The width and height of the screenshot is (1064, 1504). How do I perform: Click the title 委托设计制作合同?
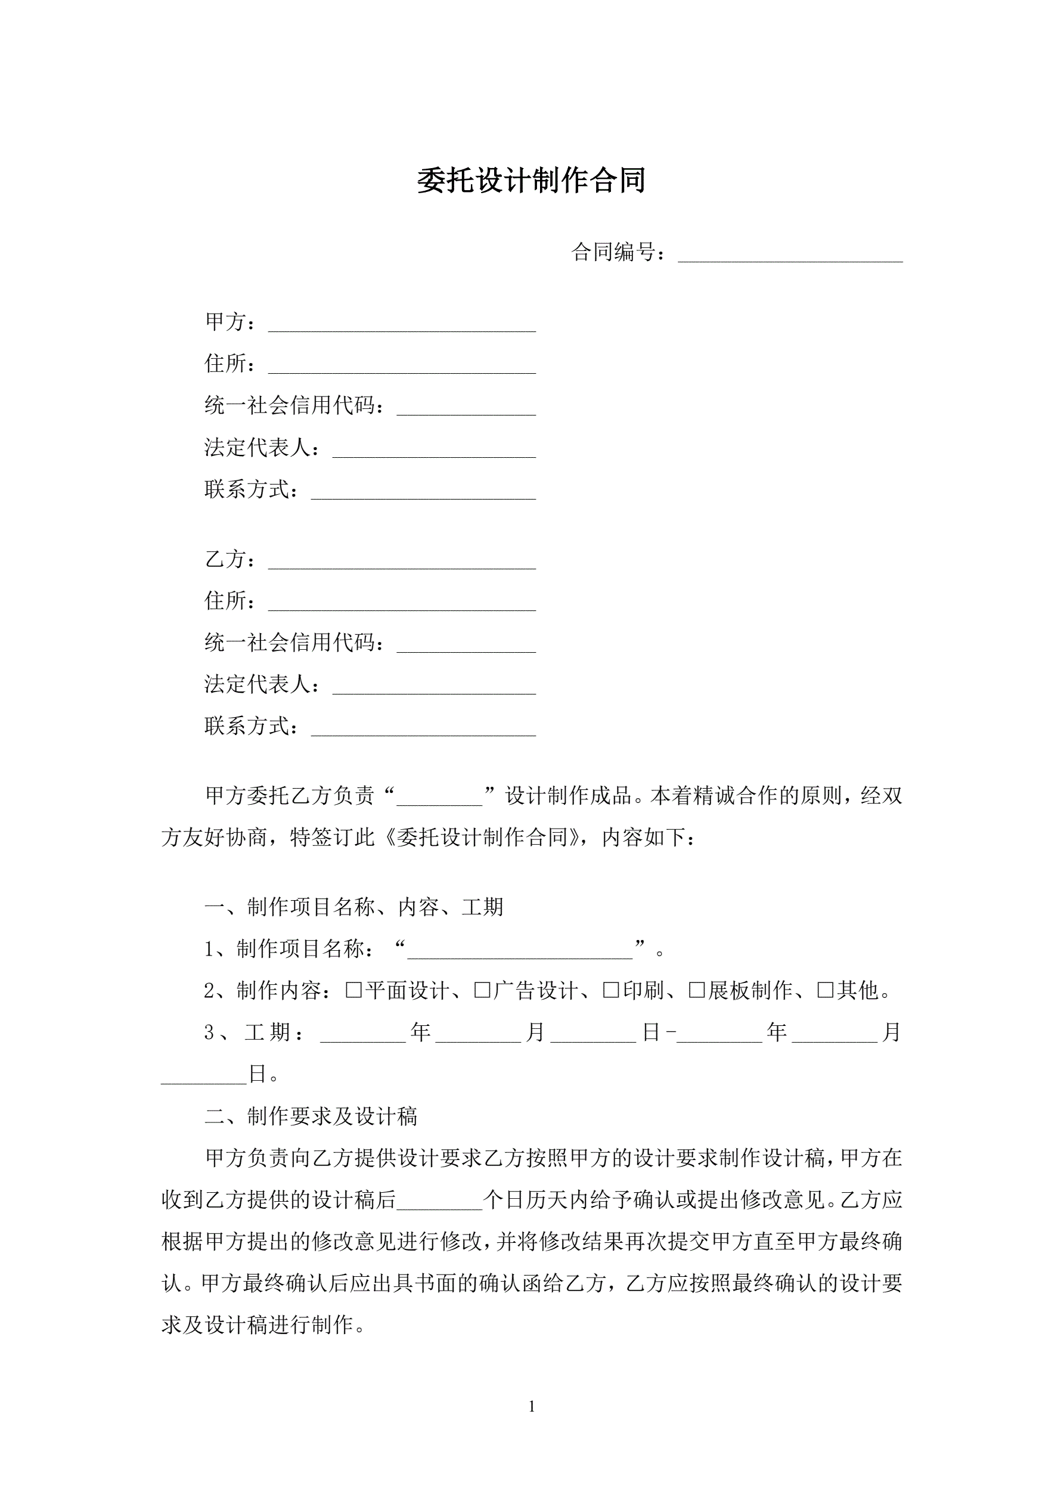[531, 181]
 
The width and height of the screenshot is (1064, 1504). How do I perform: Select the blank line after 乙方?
[402, 562]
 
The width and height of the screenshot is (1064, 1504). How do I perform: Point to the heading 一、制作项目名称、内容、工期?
[354, 907]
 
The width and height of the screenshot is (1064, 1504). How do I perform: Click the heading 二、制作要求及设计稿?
[311, 1116]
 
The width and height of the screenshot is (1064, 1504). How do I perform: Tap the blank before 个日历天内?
[440, 1200]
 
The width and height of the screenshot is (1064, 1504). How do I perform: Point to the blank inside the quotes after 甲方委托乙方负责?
[440, 797]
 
